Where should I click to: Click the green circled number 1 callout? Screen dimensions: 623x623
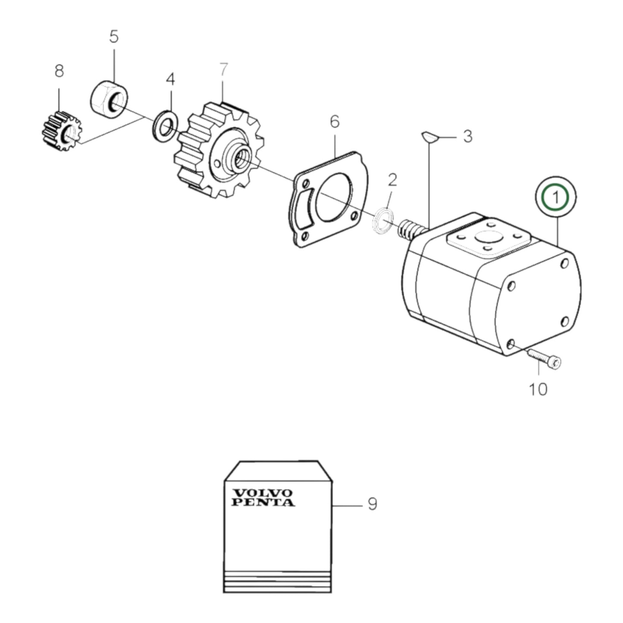(x=555, y=197)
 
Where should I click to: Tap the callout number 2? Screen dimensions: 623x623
(x=391, y=181)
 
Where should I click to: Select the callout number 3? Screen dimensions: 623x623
(x=467, y=137)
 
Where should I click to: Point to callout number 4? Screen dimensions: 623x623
(x=171, y=79)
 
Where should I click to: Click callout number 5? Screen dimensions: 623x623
(x=113, y=37)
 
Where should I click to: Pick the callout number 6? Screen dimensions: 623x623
(x=335, y=122)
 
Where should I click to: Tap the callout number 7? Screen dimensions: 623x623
(x=223, y=70)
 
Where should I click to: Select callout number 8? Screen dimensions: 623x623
(x=59, y=71)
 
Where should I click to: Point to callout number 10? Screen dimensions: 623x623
(x=538, y=389)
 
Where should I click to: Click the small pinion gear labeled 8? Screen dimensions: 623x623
(x=61, y=131)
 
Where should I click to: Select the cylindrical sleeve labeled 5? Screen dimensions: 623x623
(x=109, y=99)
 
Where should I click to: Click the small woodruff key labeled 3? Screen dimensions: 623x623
(x=430, y=137)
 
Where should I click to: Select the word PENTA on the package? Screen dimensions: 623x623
(x=263, y=502)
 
